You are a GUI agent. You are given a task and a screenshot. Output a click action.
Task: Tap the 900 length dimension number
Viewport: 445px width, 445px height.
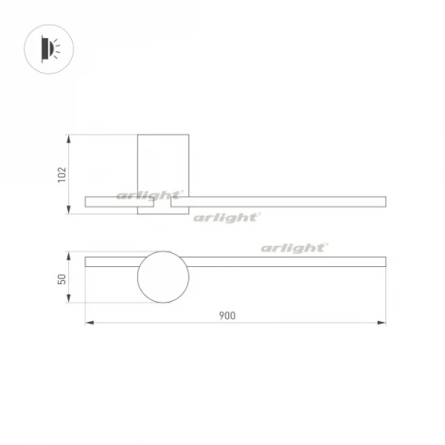[226, 314]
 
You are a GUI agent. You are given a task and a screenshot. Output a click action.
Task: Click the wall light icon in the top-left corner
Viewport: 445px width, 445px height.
[47, 47]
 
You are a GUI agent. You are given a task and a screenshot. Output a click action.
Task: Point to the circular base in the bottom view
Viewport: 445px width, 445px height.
[163, 276]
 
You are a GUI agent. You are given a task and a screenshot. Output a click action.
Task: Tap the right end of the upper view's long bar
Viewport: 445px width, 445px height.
[383, 201]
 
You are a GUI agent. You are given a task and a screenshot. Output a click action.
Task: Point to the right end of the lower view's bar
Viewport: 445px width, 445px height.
[383, 260]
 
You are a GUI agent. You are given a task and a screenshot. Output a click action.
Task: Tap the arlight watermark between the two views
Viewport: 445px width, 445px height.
[225, 218]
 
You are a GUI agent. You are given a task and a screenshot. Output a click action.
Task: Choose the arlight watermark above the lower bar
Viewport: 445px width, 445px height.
[294, 247]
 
